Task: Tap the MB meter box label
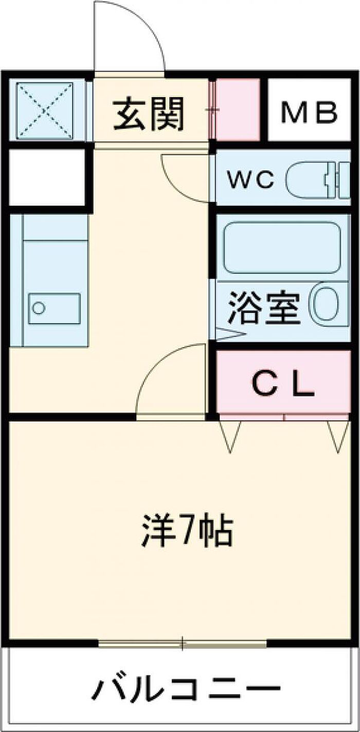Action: (309, 112)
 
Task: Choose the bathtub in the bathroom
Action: (282, 247)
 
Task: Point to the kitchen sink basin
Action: (54, 308)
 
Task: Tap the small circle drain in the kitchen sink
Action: (38, 308)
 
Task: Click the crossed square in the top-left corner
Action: (45, 109)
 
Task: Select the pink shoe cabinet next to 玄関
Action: (237, 109)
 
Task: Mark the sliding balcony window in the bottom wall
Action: (183, 643)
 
